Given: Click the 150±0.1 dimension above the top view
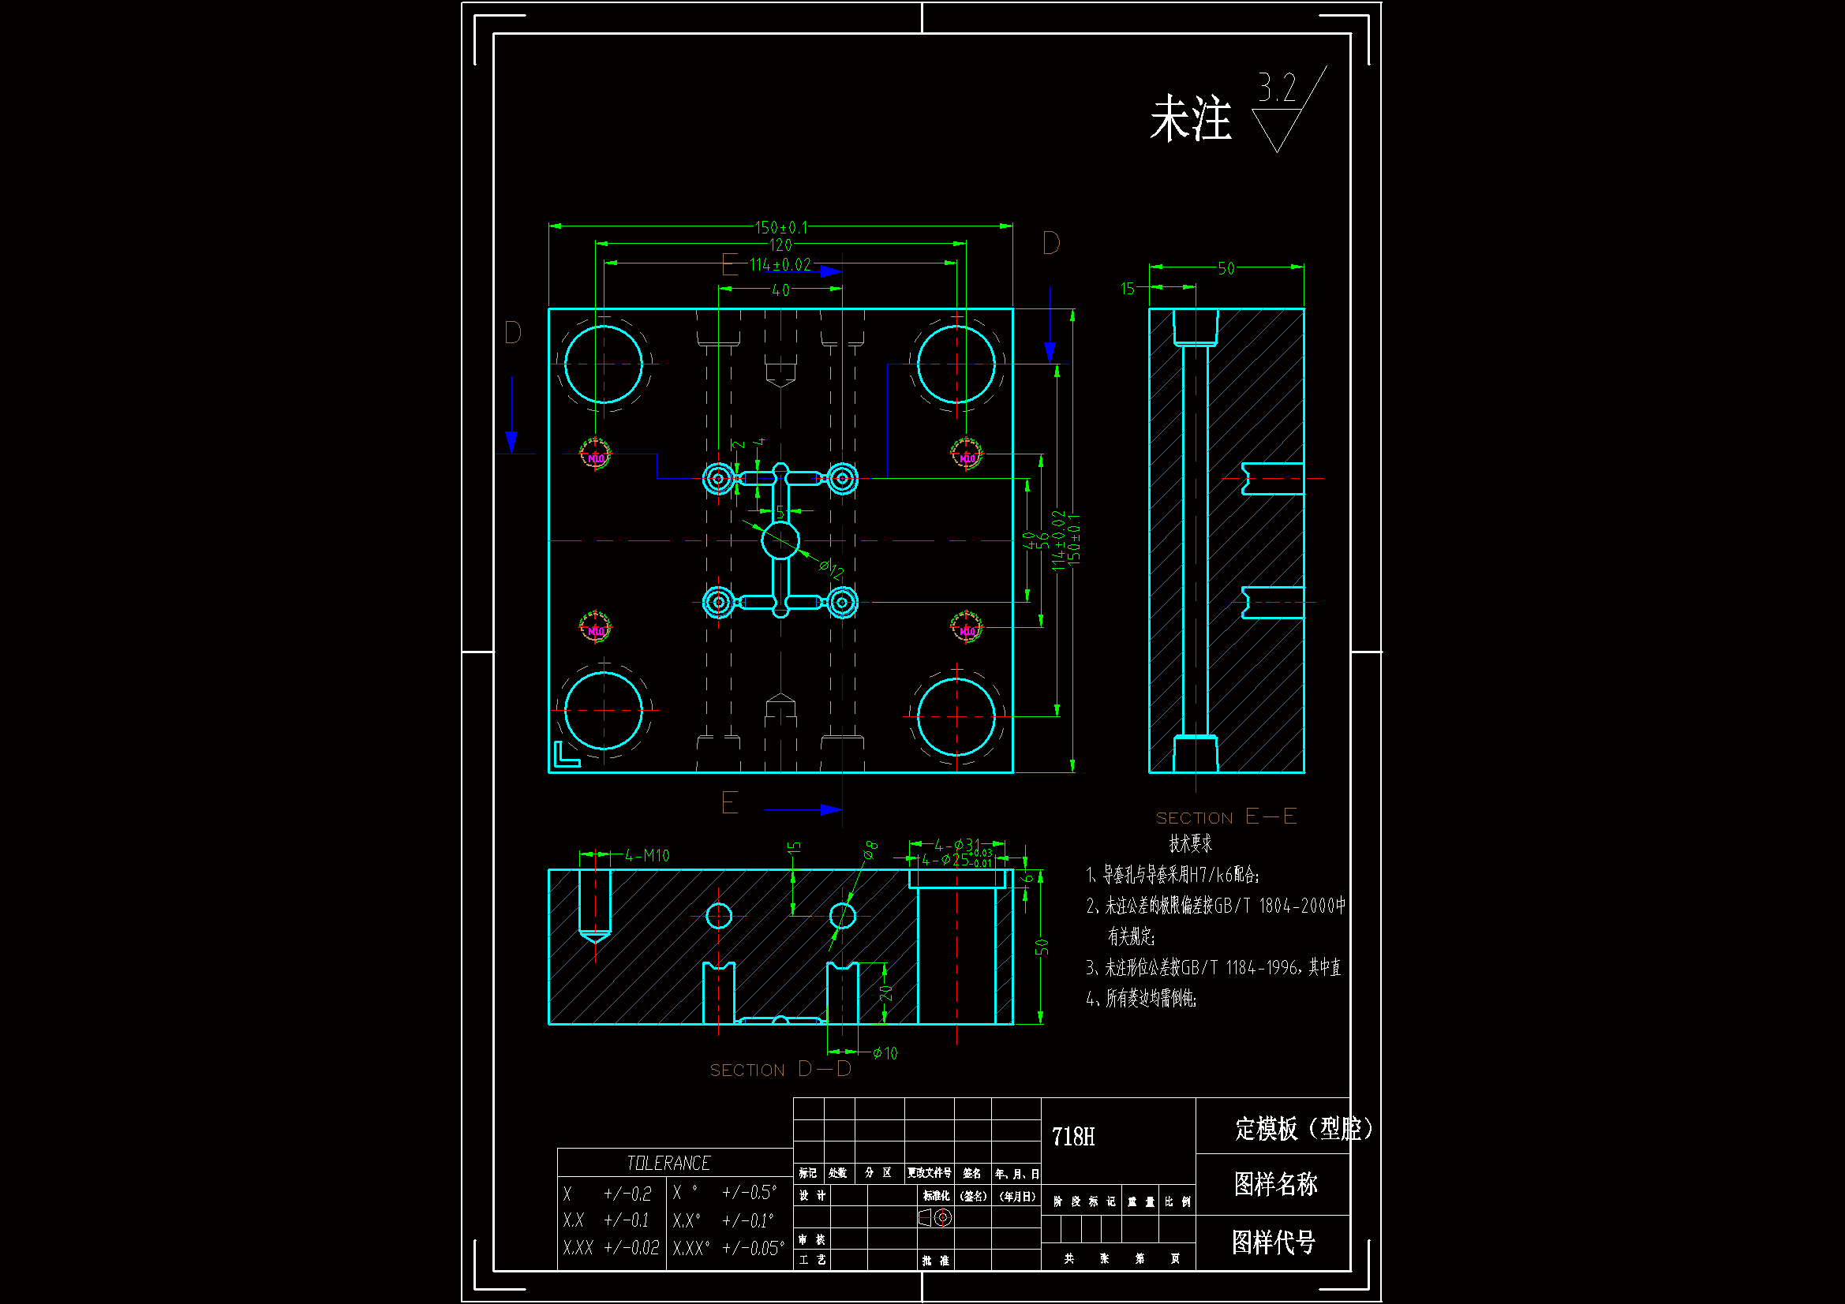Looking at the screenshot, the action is coord(781,227).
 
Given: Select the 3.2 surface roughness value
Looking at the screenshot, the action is coord(1277,87).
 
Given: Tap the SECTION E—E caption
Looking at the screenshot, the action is coord(1226,817).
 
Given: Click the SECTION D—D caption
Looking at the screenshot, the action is coord(780,1070).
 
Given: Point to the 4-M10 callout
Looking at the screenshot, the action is coord(648,856).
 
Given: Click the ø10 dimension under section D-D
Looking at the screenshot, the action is coord(885,1053).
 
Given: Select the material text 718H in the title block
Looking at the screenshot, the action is coord(1072,1137).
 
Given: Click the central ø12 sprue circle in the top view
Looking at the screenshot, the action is coord(780,540).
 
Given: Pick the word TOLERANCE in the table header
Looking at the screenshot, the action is coord(668,1164).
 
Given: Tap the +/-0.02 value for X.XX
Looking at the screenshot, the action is coord(631,1248).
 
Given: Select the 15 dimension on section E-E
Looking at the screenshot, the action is coord(1128,289).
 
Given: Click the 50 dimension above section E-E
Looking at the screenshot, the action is coord(1226,268).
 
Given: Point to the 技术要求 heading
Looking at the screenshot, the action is coord(1190,843).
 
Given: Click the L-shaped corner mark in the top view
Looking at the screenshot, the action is coord(565,755).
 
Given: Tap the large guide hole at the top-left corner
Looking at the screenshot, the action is coord(604,364).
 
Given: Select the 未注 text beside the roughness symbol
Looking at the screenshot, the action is coord(1190,119).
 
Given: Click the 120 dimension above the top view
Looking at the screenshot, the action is coord(780,245).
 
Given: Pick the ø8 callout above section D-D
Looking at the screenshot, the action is coord(870,850).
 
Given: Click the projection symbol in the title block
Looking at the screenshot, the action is coord(935,1218).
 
